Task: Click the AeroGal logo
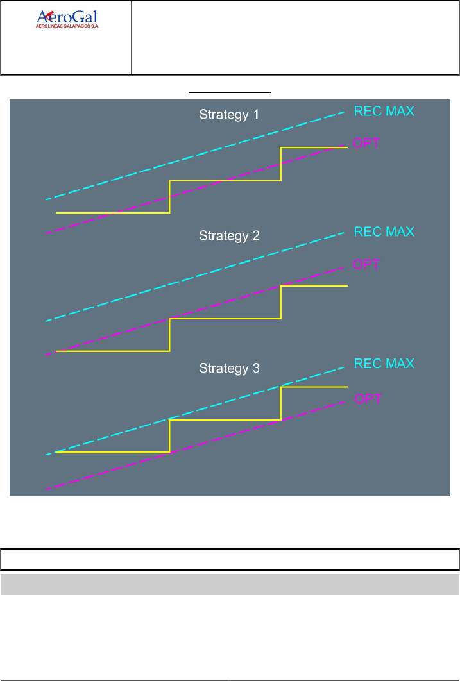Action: click(x=67, y=19)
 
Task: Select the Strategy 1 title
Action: click(x=229, y=115)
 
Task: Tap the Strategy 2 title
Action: click(x=229, y=235)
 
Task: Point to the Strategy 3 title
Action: click(x=229, y=369)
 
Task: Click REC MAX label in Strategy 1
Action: click(x=384, y=111)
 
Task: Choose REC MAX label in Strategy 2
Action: click(x=384, y=231)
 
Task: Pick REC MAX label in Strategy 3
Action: click(x=384, y=364)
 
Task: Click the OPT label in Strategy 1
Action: click(x=367, y=143)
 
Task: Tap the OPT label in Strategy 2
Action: click(x=367, y=264)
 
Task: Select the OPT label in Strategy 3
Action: click(x=367, y=398)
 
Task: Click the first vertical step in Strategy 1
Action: click(x=169, y=196)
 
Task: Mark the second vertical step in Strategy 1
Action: click(x=280, y=164)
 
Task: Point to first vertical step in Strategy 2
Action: click(x=169, y=335)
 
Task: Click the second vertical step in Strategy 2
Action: click(x=280, y=302)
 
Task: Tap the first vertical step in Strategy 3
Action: click(x=169, y=436)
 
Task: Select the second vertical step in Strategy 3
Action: click(x=280, y=403)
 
